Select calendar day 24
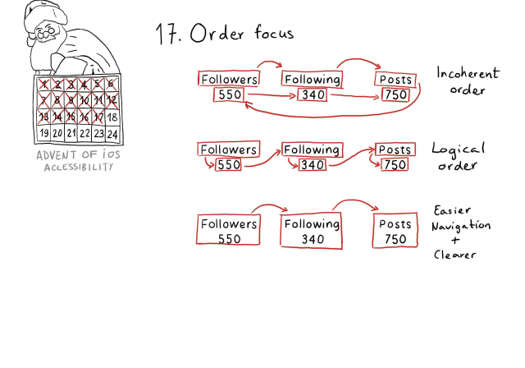pos(112,133)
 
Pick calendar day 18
pos(112,117)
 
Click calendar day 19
pos(43,133)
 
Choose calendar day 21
pos(71,133)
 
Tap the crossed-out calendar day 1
pos(43,85)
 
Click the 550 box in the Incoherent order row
pos(229,95)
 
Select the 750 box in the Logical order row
pos(395,165)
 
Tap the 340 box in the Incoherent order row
pos(312,95)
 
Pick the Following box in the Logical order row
pos(312,149)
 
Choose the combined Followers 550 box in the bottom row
pos(230,230)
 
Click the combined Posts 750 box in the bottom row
pos(395,230)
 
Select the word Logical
pos(458,150)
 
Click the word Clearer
pos(455,254)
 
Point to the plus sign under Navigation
pos(456,239)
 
